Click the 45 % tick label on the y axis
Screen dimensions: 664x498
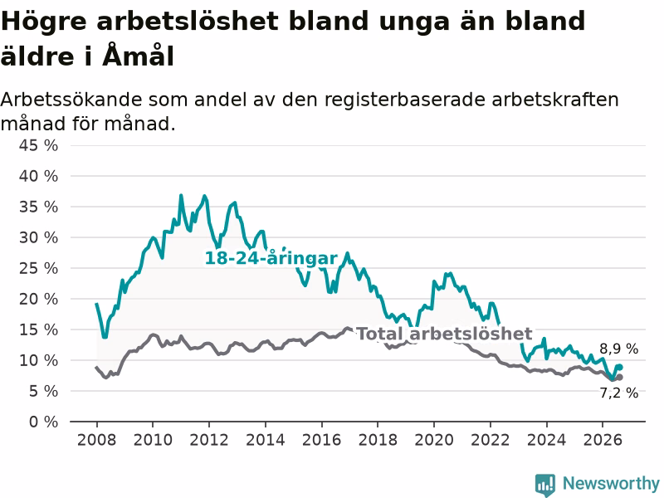(x=38, y=146)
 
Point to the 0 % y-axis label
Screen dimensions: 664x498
(x=43, y=422)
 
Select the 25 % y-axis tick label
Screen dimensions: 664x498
(x=38, y=268)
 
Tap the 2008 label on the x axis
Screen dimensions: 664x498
(x=96, y=440)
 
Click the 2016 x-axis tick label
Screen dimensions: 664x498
(x=321, y=440)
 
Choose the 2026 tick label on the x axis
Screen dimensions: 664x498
(x=603, y=440)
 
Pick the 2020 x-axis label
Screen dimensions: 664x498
(x=434, y=440)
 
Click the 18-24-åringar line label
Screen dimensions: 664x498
(x=271, y=258)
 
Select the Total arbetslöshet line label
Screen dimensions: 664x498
(x=445, y=334)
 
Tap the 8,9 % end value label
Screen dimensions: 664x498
(x=618, y=349)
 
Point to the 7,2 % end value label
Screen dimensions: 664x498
(x=618, y=393)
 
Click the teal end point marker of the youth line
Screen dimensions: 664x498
(x=620, y=367)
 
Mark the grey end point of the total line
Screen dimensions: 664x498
(x=620, y=378)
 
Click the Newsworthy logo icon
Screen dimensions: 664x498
(x=545, y=485)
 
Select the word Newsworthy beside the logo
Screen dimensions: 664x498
(x=611, y=483)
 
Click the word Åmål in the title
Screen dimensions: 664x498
(x=139, y=56)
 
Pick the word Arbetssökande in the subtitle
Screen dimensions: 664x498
(x=71, y=100)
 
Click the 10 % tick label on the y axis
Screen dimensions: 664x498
(x=38, y=360)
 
